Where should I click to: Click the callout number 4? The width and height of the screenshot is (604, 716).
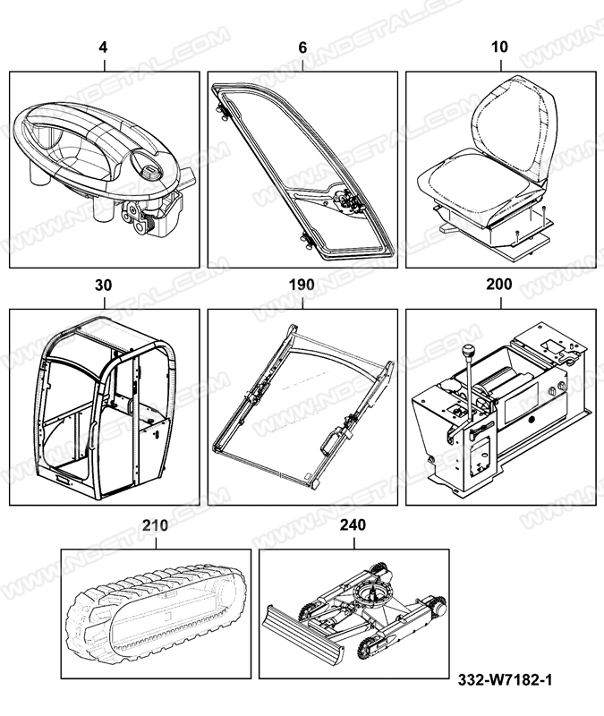point(103,47)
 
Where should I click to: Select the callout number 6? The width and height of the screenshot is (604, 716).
point(302,47)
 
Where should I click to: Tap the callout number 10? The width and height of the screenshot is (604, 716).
point(499,47)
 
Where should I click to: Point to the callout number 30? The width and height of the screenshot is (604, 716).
point(103,285)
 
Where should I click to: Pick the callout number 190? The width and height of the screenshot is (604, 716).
point(302,285)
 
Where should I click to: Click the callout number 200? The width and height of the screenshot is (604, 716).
point(499,284)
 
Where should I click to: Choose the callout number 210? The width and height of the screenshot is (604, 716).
point(155,525)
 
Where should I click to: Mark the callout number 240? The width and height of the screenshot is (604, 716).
point(353,525)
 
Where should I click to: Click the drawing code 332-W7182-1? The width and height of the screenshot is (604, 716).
point(505,680)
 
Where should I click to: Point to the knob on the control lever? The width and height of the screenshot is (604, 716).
point(467,352)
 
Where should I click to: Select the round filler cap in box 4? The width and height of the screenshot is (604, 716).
point(149,173)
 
